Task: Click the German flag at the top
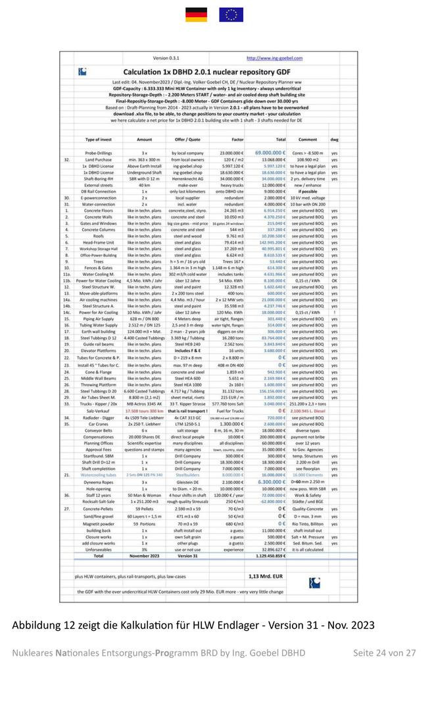[196, 14]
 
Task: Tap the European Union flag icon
[231, 14]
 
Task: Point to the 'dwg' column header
[335, 140]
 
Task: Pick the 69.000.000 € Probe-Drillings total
[266, 153]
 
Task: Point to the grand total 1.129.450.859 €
[267, 555]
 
